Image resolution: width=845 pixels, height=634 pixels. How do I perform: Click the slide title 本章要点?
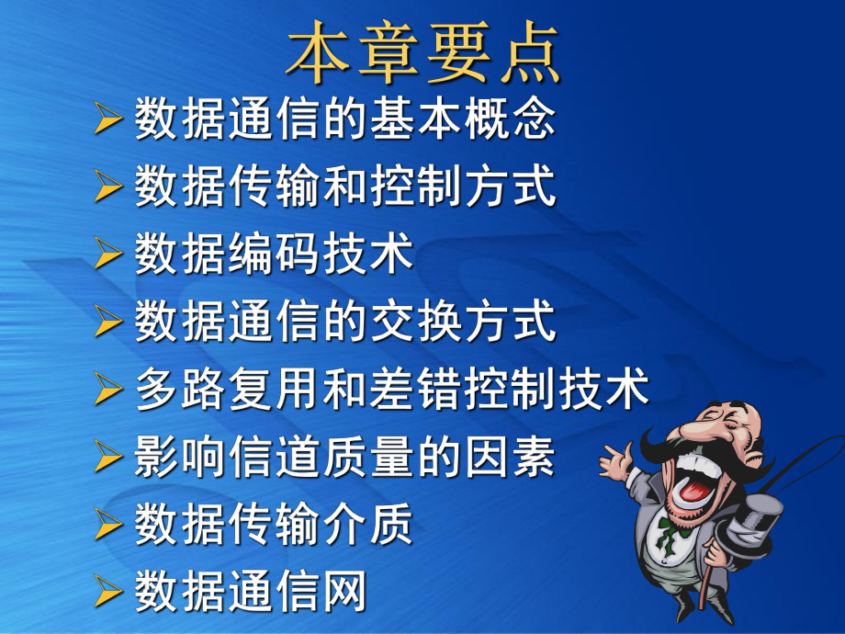point(422,52)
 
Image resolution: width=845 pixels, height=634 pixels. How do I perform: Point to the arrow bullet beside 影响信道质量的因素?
point(109,458)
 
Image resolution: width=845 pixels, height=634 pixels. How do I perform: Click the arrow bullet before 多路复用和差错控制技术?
point(109,390)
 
